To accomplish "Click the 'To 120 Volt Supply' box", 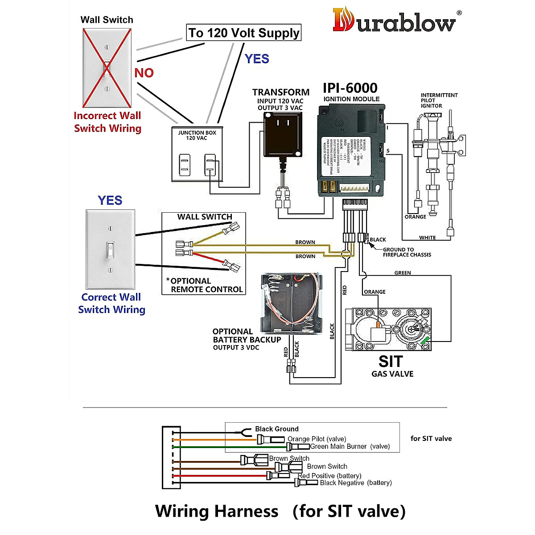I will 243,33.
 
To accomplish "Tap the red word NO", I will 144,73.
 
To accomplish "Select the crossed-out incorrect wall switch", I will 107,68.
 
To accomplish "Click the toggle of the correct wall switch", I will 110,249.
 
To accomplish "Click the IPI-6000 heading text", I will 350,88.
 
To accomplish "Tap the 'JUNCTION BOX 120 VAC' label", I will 197,135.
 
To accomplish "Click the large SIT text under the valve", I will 391,361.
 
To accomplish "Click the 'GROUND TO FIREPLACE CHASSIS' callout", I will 407,252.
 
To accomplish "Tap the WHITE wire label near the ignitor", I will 427,238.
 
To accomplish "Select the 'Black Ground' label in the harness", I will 276,429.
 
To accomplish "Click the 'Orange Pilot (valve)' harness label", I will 317,439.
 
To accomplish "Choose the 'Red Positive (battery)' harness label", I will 330,476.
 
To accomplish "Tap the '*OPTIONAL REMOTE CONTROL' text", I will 205,285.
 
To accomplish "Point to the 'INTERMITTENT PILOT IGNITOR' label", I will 439,100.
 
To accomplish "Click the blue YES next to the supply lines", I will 257,59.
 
